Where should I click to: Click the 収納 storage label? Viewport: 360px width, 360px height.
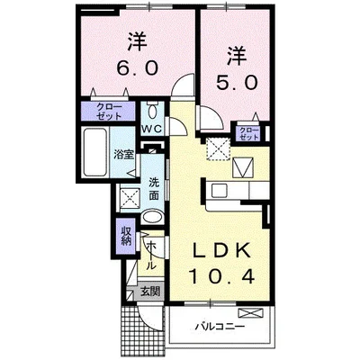click(x=126, y=237)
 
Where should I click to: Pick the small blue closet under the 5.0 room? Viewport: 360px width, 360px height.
click(x=248, y=131)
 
